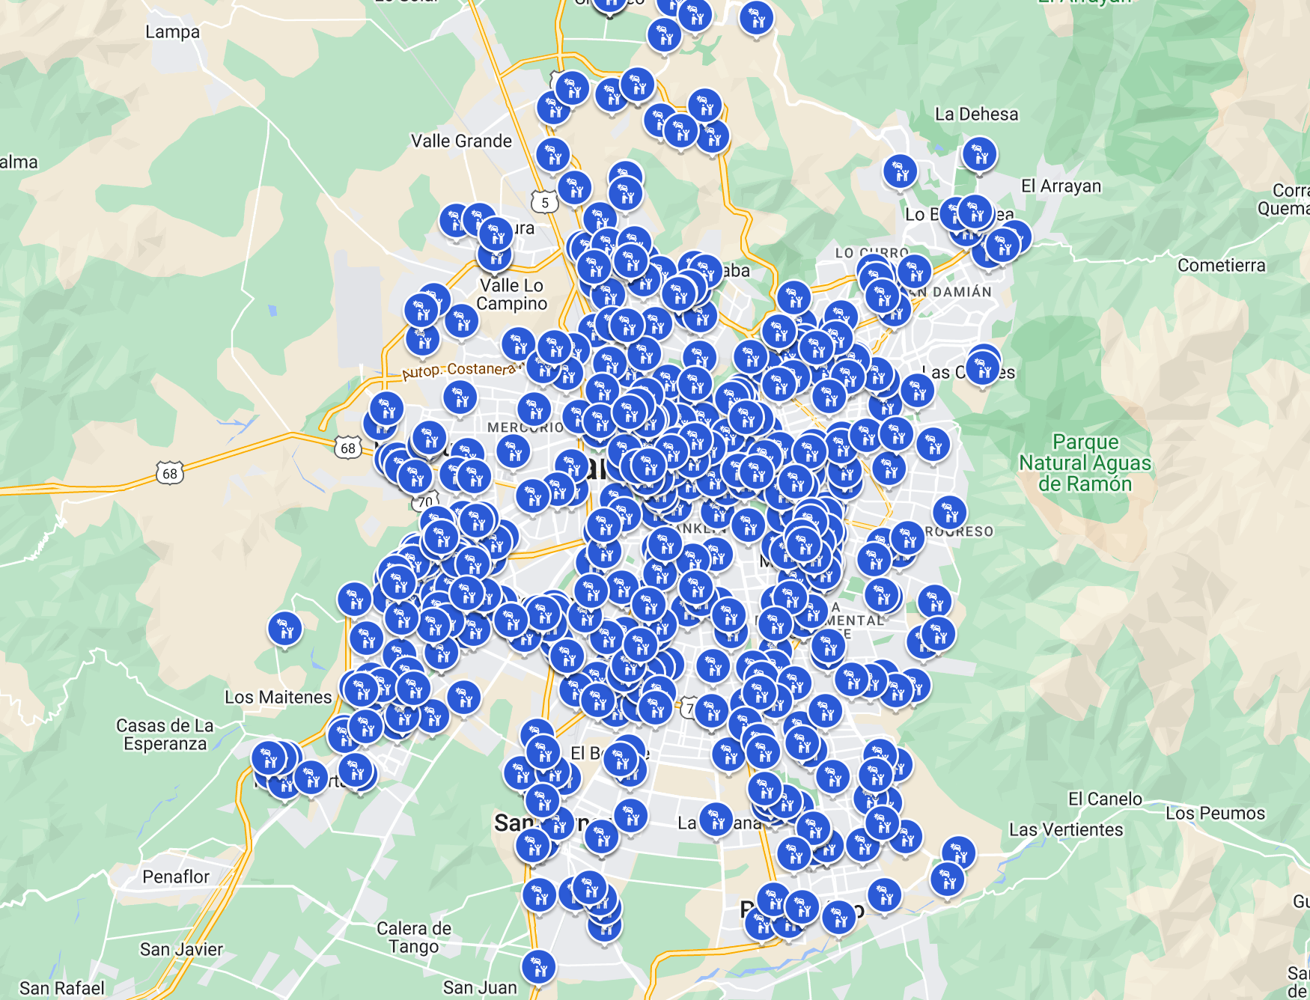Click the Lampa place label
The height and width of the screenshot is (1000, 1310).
tap(172, 32)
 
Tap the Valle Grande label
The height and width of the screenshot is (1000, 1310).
tap(461, 141)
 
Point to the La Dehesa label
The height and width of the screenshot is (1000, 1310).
tap(976, 115)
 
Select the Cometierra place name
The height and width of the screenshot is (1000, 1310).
tap(1221, 266)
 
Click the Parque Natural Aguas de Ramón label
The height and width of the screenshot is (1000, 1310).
tap(1085, 463)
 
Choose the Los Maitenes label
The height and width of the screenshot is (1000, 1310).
tap(278, 698)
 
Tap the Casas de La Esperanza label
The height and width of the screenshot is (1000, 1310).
tap(165, 735)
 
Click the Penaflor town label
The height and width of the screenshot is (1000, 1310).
tap(176, 876)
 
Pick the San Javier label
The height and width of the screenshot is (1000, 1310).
tap(181, 950)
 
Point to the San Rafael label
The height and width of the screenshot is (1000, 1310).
tap(62, 988)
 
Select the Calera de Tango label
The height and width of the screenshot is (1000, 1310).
tap(413, 937)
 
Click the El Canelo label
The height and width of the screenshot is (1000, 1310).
tap(1105, 799)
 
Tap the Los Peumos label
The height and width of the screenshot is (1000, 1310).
tap(1214, 814)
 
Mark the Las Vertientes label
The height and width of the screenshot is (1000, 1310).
tap(1065, 830)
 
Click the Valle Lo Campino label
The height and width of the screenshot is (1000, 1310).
tap(512, 294)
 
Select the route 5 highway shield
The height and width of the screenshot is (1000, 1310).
tap(544, 202)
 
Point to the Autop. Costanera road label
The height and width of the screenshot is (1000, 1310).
tap(458, 370)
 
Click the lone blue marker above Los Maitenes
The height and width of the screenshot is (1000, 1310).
tap(285, 629)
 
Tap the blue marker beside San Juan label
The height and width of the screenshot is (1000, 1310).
tap(538, 966)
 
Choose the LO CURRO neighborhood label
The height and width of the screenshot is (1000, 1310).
tap(871, 253)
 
